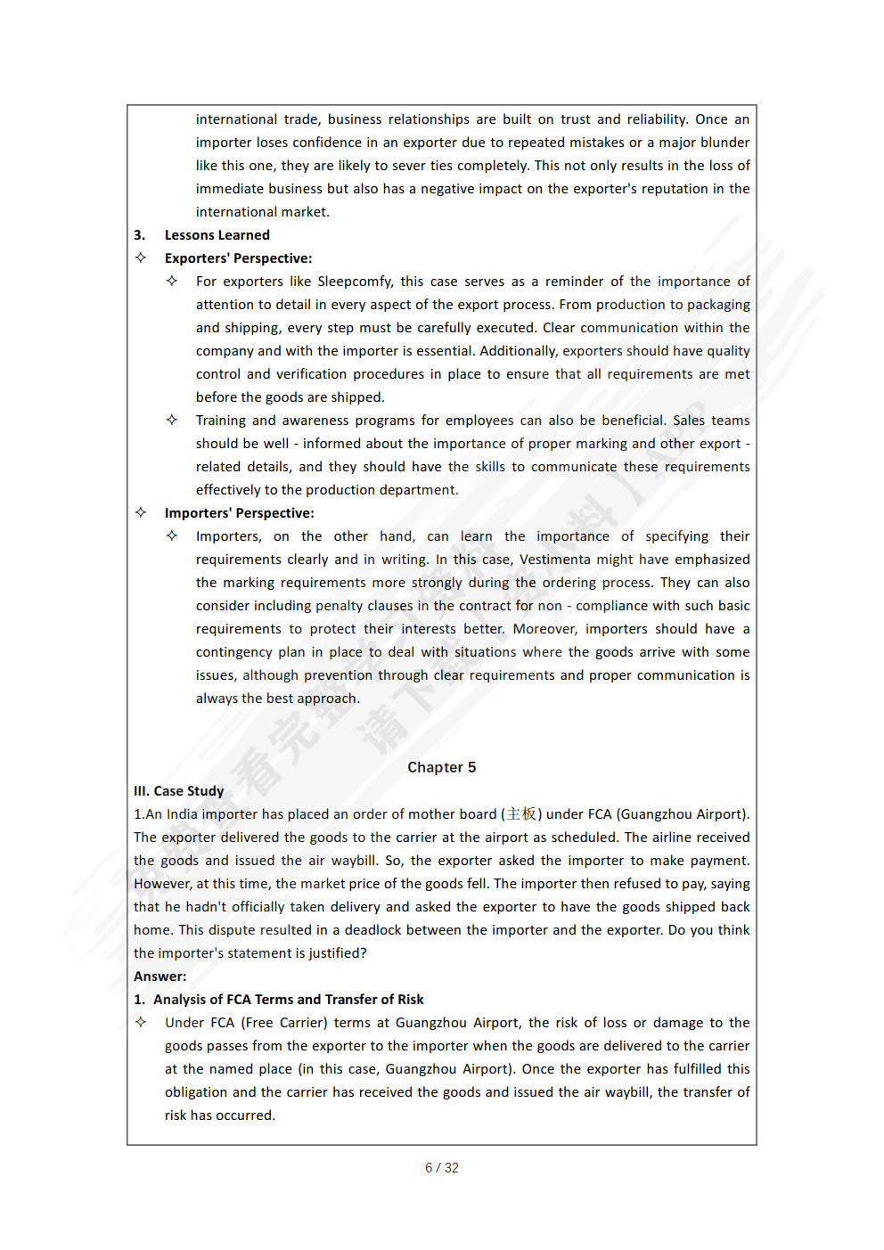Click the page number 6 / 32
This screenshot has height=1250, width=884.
point(441,1168)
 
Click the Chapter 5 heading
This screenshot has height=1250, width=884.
point(441,767)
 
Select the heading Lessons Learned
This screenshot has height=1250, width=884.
point(217,235)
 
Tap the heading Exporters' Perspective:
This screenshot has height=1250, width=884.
point(238,258)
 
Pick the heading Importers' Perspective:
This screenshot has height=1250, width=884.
point(239,513)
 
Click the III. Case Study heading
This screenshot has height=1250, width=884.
point(178,791)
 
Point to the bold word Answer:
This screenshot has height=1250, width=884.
point(160,976)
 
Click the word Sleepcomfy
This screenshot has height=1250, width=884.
point(355,282)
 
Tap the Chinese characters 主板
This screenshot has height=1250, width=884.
point(521,814)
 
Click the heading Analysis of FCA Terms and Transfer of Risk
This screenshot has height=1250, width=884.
point(288,1000)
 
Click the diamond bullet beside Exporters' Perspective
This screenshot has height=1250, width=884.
point(141,257)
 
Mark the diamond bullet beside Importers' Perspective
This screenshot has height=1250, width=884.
point(141,512)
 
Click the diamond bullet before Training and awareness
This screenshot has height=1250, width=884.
point(172,420)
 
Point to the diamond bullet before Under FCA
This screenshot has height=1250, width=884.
point(141,1022)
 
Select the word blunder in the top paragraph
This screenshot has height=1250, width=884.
point(724,143)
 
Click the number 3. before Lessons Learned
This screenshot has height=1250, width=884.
point(139,235)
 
